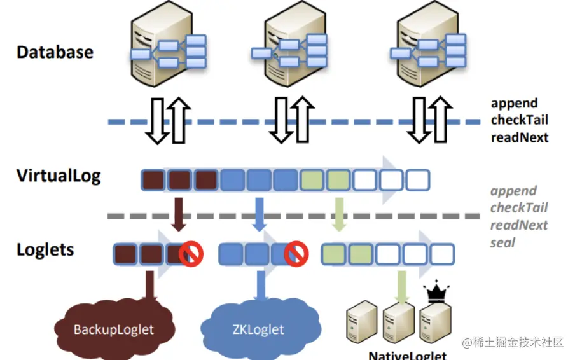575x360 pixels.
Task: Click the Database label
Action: pyautogui.click(x=55, y=52)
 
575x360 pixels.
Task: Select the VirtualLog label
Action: pyautogui.click(x=59, y=176)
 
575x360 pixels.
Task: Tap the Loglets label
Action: pyautogui.click(x=45, y=249)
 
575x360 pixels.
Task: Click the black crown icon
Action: pyautogui.click(x=436, y=294)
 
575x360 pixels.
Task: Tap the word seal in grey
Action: pyautogui.click(x=502, y=242)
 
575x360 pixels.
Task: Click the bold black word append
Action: pyautogui.click(x=514, y=103)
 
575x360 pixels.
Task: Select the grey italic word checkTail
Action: pyautogui.click(x=518, y=208)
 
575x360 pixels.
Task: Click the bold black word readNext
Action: pyautogui.click(x=519, y=137)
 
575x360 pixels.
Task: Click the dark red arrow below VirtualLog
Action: pyautogui.click(x=179, y=214)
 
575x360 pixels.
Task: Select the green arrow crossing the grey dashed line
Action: pyautogui.click(x=339, y=214)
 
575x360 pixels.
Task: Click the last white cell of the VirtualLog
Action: pyautogui.click(x=418, y=180)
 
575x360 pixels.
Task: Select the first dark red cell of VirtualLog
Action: pyautogui.click(x=153, y=180)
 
